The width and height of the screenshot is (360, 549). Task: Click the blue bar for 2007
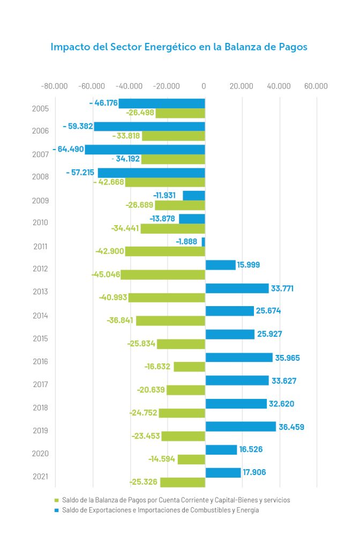coord(145,150)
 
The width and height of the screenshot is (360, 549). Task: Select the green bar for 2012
coord(163,274)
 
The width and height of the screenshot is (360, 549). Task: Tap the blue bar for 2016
coord(239,357)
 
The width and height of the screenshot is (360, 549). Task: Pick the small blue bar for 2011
coord(204,242)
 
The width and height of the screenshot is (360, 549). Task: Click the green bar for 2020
coord(191,459)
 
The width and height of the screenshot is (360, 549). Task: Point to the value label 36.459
coord(291,427)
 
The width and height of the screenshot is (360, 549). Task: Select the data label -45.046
coord(105,274)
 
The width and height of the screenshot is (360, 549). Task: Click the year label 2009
coord(41,201)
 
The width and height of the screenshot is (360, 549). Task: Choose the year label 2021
coord(41,477)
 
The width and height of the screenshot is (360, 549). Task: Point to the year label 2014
coord(41,315)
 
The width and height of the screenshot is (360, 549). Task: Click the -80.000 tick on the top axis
coord(55,86)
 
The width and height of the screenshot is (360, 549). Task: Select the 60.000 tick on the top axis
coord(316,86)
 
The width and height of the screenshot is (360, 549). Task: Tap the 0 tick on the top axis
coord(204,86)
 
